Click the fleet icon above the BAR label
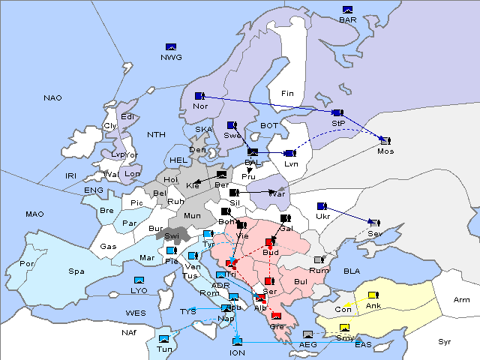click(x=347, y=10)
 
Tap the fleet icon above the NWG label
click(x=171, y=47)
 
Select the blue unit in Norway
click(x=199, y=96)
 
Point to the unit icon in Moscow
click(x=385, y=140)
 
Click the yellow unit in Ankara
click(x=372, y=294)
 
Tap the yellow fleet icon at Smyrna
click(x=344, y=328)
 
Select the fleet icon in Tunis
click(x=163, y=340)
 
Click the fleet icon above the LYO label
click(x=139, y=280)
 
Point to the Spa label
click(x=76, y=271)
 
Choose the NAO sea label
click(x=52, y=98)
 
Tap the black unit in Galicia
click(x=284, y=218)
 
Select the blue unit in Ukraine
click(x=321, y=206)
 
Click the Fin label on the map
click(x=287, y=94)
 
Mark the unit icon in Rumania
click(x=319, y=260)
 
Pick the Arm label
click(x=461, y=299)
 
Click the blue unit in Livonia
click(x=289, y=154)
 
